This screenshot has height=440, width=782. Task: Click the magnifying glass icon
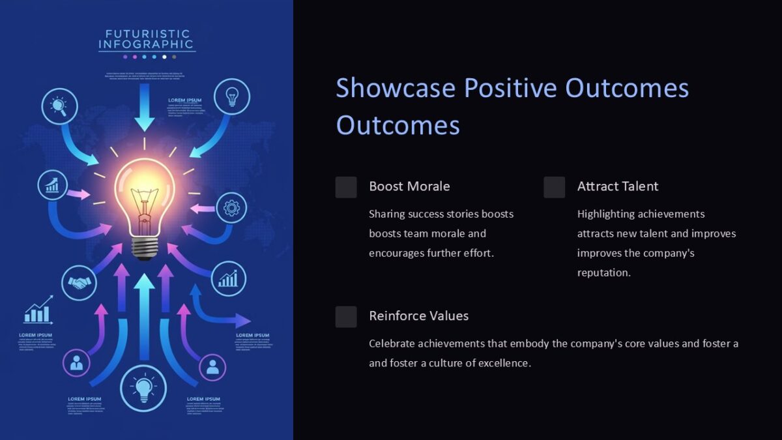[59, 106]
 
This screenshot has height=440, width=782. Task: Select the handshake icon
[80, 284]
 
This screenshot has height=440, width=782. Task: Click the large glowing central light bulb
[145, 196]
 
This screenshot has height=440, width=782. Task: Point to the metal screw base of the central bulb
[145, 247]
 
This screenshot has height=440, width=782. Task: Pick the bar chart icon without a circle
[38, 311]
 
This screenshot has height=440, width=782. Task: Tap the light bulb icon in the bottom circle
[143, 389]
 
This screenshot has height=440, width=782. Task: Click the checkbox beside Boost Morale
[346, 187]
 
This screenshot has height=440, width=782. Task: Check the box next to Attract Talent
[555, 187]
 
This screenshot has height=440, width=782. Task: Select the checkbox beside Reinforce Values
[346, 317]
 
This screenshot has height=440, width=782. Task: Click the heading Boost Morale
[409, 186]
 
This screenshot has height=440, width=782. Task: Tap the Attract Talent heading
[618, 186]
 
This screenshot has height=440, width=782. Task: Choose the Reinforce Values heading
[418, 316]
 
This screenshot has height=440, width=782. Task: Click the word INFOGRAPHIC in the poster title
[146, 45]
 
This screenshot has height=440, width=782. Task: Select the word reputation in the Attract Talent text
[604, 272]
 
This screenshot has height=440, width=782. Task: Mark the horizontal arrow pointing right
[228, 320]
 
